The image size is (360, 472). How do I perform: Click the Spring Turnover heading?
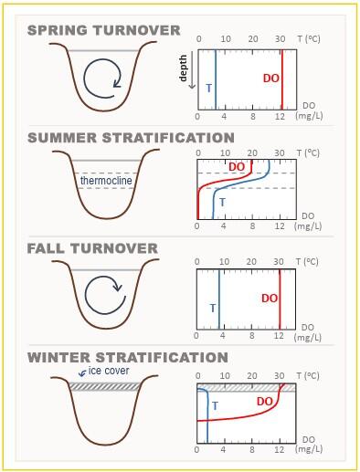pos(103,30)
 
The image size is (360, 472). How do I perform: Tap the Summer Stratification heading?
pos(131,138)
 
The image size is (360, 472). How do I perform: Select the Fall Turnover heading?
pos(92,247)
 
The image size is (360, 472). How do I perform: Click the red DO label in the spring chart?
pos(271,79)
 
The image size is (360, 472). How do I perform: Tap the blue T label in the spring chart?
pos(207,88)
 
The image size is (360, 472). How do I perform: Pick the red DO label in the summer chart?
pos(237,167)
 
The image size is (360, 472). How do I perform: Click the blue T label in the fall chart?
pos(212,308)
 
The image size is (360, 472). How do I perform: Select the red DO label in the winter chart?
pos(265,401)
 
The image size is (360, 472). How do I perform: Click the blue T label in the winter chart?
pos(215,405)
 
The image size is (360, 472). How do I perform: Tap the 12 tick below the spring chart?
pos(280,118)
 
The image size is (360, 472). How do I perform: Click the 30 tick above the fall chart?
pos(280,262)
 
